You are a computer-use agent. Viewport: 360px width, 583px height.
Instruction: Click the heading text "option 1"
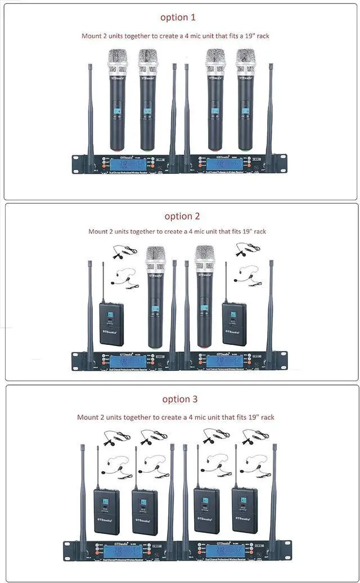pos(178,17)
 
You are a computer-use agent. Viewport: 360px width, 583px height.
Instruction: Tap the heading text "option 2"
pos(182,216)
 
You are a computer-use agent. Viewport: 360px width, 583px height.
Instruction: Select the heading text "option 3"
pos(180,399)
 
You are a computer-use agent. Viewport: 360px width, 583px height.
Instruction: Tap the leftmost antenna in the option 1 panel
pos(90,113)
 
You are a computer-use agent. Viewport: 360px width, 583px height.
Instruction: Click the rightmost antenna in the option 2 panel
pos(270,310)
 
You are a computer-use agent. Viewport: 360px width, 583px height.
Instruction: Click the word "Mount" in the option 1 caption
pos(92,36)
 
